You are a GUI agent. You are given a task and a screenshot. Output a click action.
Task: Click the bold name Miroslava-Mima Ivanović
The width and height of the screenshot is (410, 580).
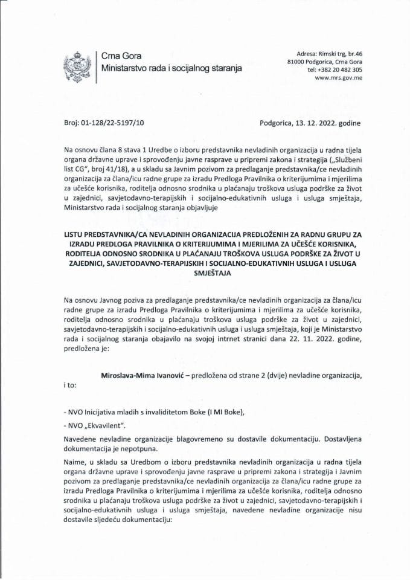click(142, 375)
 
